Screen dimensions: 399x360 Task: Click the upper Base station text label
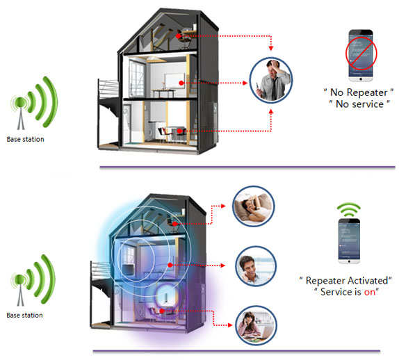(x=26, y=139)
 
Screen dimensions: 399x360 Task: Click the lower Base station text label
(x=25, y=316)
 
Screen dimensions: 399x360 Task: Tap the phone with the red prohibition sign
(x=361, y=55)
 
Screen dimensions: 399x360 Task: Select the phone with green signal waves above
(x=349, y=241)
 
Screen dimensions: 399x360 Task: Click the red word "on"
(x=370, y=292)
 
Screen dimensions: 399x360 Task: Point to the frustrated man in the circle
(x=271, y=80)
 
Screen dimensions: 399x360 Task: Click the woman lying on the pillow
(x=254, y=206)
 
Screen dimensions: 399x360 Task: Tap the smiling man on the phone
(x=256, y=266)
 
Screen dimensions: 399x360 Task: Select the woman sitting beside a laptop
(x=256, y=326)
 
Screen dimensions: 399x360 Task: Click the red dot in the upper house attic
(x=179, y=36)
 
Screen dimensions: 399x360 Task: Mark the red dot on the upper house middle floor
(x=181, y=83)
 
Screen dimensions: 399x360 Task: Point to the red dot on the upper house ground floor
(x=179, y=131)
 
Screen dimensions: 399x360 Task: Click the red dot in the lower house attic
(x=174, y=224)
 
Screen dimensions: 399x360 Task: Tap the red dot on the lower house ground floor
(x=162, y=311)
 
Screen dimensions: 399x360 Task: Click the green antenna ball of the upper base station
(x=20, y=103)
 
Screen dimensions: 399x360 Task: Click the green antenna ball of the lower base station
(x=20, y=279)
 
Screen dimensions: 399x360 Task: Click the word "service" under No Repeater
(x=366, y=104)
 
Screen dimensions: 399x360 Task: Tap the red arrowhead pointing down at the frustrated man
(x=271, y=48)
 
